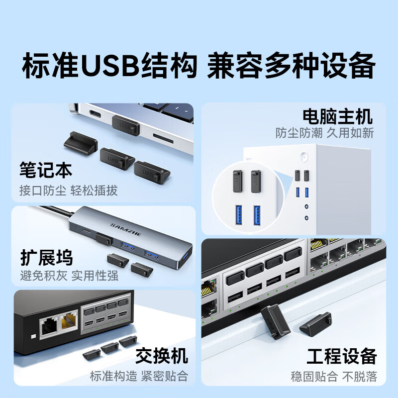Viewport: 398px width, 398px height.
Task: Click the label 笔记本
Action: pyautogui.click(x=46, y=170)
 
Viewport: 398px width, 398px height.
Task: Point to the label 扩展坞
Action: pyautogui.click(x=46, y=258)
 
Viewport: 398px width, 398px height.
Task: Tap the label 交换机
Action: pyautogui.click(x=162, y=356)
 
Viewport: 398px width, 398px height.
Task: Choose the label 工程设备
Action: pyautogui.click(x=341, y=356)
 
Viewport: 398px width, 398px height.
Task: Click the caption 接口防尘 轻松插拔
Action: pyautogui.click(x=68, y=191)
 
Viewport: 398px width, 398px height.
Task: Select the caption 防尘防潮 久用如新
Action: pyautogui.click(x=324, y=133)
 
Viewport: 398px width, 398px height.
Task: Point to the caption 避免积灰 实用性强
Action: pyautogui.click(x=68, y=275)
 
